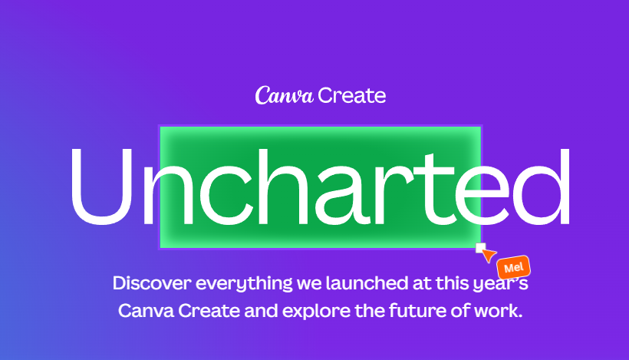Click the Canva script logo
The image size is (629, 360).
(x=284, y=95)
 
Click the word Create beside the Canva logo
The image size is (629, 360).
(x=352, y=96)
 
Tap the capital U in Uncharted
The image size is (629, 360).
(x=102, y=187)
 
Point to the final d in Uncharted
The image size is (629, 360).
(x=542, y=187)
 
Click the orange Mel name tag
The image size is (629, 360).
(x=514, y=267)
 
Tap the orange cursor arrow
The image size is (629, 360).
(x=489, y=255)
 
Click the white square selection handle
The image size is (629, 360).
(x=481, y=248)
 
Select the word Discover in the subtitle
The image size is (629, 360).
(x=152, y=283)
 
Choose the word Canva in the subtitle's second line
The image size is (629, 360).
(x=146, y=311)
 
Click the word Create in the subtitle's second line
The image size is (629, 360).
(x=209, y=311)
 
